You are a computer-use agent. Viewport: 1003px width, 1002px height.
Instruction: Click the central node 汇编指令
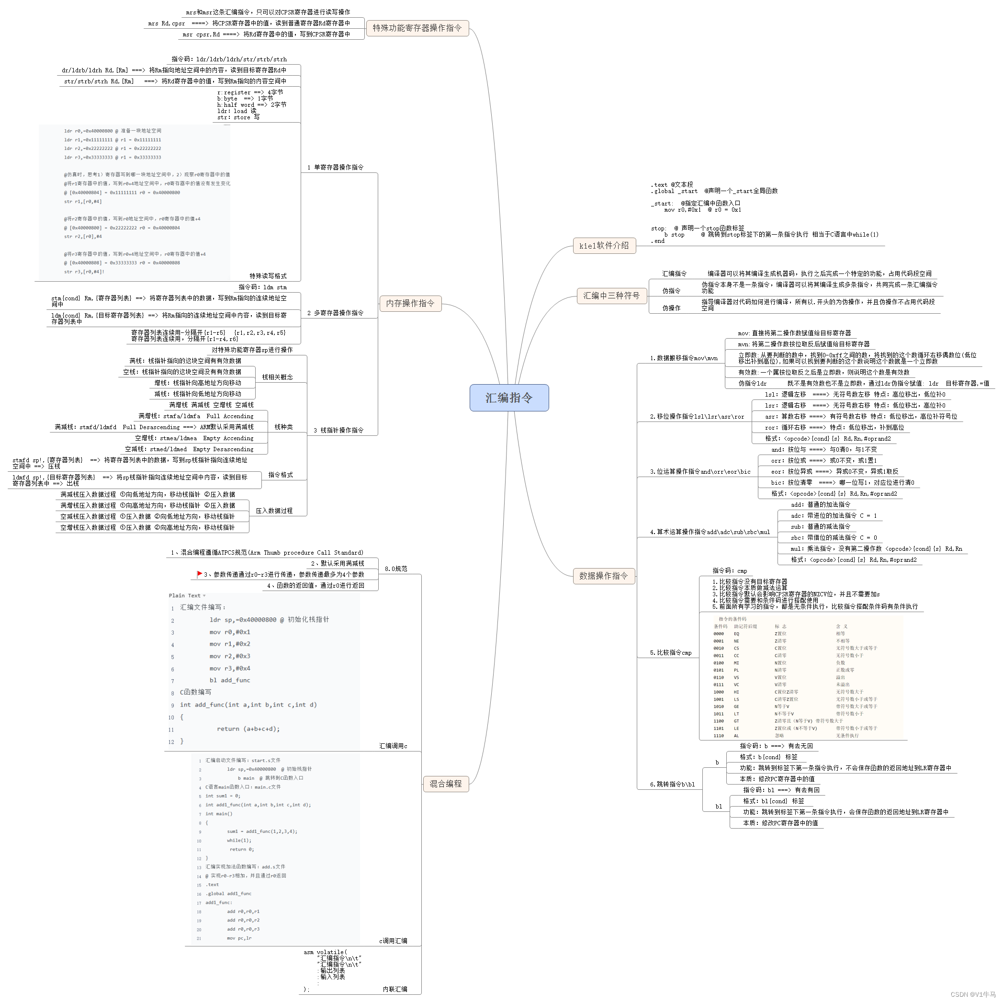pos(509,398)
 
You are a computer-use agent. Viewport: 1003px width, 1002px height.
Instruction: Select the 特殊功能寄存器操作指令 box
pos(417,28)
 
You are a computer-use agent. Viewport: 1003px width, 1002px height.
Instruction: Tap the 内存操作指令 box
pos(410,303)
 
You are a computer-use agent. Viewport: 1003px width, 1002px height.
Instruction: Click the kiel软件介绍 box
pos(604,246)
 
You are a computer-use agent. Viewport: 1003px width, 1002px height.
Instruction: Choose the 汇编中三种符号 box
pos(611,296)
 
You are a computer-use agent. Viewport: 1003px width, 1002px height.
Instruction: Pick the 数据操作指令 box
pos(603,576)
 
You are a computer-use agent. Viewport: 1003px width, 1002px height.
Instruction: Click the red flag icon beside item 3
pos(199,574)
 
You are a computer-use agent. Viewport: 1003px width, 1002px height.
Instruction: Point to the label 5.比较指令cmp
pos(671,653)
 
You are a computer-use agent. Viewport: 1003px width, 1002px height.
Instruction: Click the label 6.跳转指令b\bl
pos(672,785)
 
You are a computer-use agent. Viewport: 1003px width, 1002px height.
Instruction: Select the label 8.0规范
pos(395,569)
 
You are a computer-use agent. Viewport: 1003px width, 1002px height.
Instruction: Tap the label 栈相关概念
pos(277,377)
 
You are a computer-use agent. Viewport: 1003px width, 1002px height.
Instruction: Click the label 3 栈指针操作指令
pos(338,430)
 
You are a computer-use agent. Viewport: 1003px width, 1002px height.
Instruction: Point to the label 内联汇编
pos(394,989)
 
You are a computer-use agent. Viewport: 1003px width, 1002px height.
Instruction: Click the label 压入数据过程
pos(274,511)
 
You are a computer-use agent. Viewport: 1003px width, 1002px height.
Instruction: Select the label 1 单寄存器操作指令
pos(336,167)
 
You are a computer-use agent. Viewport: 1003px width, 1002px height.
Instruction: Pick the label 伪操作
pos(671,308)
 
